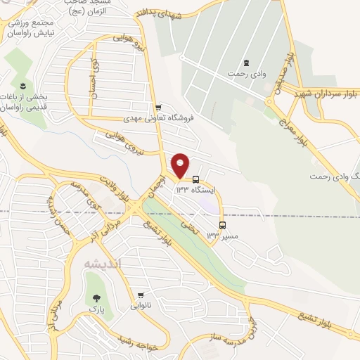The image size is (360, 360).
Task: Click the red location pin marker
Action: pos(181,165)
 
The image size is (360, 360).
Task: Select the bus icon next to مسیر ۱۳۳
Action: pos(223,226)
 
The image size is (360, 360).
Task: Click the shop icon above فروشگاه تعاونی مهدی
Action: pos(158,107)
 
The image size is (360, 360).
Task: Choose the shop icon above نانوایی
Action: pos(142,295)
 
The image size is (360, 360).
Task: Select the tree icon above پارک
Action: pos(91,297)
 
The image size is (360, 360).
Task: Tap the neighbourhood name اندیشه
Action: pos(102,264)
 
